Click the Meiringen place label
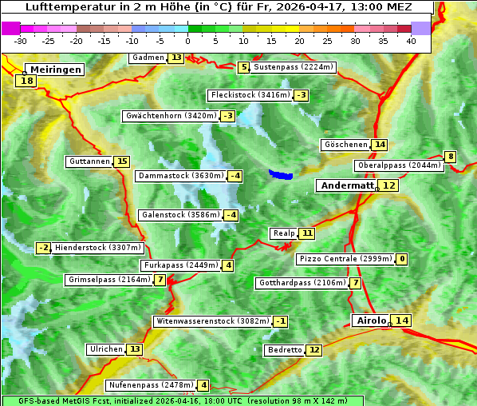[53, 70]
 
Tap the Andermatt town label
[347, 185]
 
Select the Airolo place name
[370, 320]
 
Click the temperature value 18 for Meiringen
[26, 81]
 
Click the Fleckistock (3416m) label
[249, 96]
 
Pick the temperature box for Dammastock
[235, 176]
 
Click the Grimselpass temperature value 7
[160, 280]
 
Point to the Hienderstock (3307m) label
[98, 248]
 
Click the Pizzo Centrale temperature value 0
[402, 259]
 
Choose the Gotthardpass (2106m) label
[302, 283]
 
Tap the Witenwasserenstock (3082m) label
[212, 321]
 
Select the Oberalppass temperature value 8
[451, 157]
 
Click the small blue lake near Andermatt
[281, 173]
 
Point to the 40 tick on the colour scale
[411, 40]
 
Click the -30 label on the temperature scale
[22, 40]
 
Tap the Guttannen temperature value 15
[121, 161]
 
